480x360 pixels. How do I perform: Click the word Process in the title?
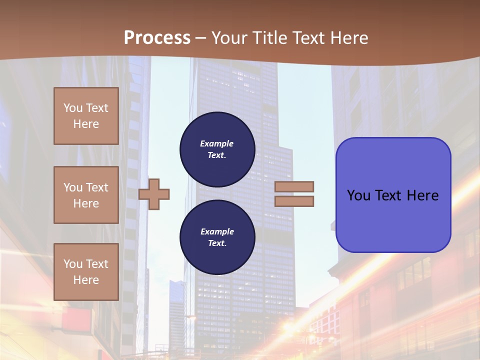[x=157, y=38]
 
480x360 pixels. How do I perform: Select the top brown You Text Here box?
[x=86, y=116]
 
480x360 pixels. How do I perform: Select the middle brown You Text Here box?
[x=86, y=195]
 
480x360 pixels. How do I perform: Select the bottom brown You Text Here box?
[x=86, y=271]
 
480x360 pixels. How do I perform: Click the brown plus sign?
[x=154, y=194]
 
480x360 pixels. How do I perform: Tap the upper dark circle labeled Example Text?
[x=217, y=149]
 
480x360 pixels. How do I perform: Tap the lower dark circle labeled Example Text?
[x=217, y=237]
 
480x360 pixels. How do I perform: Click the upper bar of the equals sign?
[x=294, y=186]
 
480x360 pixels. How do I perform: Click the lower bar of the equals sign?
[x=294, y=201]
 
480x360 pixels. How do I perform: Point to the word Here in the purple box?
[x=422, y=195]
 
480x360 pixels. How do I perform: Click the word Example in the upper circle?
[x=216, y=143]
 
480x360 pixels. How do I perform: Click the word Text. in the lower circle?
[x=217, y=243]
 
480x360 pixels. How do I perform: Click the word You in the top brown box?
[x=72, y=108]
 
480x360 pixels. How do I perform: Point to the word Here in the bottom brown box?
[x=86, y=280]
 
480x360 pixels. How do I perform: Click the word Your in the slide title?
[x=228, y=38]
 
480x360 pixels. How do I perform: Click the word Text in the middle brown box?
[x=97, y=187]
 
